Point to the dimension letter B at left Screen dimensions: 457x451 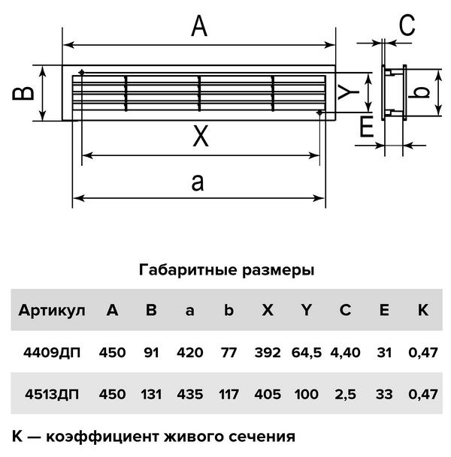(25, 93)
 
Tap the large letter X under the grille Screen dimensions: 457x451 (200, 137)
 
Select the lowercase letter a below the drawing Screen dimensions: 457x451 (198, 182)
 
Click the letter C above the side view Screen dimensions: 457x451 (407, 26)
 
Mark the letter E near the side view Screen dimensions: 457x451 (366, 128)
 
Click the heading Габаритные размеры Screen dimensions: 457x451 (225, 270)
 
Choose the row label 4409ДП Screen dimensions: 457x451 (51, 353)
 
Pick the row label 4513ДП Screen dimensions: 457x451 (51, 394)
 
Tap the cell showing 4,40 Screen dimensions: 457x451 (345, 353)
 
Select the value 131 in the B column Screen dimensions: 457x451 (151, 394)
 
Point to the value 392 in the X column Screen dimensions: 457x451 (267, 353)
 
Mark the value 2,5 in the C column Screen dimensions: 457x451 (345, 394)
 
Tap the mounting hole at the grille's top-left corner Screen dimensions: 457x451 (81, 73)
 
